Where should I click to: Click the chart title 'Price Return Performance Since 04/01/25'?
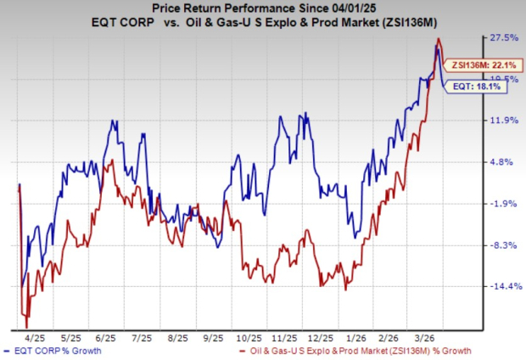262,8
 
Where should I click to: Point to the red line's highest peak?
437,39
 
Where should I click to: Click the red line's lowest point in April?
26,327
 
